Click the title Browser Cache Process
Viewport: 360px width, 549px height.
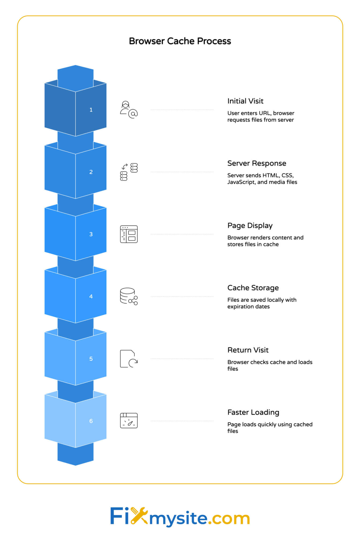(180, 41)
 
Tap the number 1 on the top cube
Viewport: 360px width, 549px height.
(91, 110)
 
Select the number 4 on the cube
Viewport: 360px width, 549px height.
(91, 296)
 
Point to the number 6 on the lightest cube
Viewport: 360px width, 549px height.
(91, 421)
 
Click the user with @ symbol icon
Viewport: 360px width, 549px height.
(129, 110)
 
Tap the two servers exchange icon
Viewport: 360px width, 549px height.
(129, 172)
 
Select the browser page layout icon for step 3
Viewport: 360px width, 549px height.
(129, 234)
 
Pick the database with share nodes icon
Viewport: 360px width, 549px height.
(129, 296)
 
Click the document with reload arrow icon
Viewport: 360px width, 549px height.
(129, 359)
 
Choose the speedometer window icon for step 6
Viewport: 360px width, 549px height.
(129, 421)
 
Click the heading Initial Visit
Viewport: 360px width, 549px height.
(245, 101)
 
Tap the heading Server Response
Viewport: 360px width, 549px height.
(257, 163)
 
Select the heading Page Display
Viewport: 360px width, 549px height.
(250, 226)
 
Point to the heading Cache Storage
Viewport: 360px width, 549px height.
(253, 288)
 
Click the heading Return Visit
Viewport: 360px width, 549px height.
(248, 350)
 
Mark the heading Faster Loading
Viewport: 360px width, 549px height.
(253, 412)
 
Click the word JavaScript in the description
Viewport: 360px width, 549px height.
(241, 182)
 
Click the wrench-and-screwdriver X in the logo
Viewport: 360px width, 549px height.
(139, 516)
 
